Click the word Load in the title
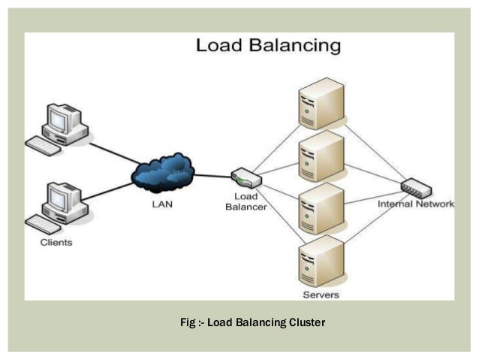218,45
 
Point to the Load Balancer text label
246,202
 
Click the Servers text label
321,294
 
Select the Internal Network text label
415,204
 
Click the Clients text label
56,243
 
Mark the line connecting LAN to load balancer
214,177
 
